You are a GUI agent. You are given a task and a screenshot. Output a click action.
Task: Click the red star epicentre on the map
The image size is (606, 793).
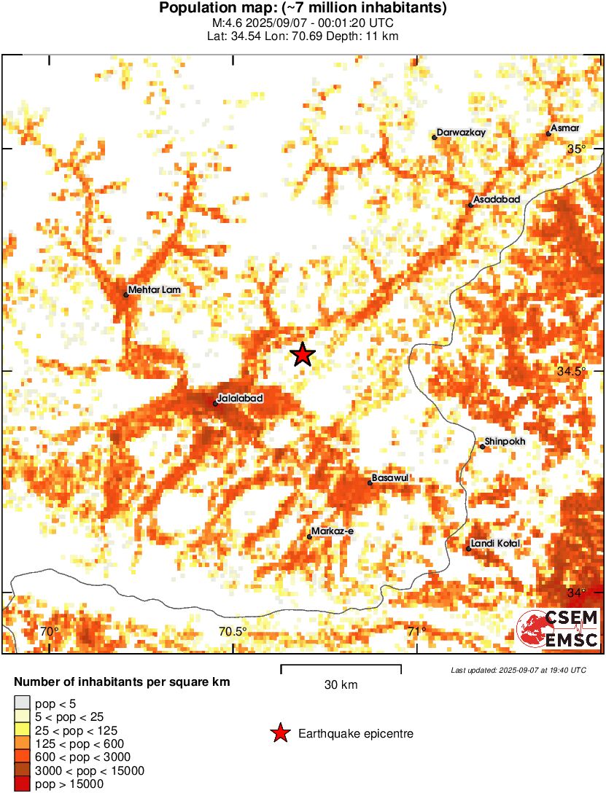tap(303, 355)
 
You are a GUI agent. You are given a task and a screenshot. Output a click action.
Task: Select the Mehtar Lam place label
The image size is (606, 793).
tap(154, 290)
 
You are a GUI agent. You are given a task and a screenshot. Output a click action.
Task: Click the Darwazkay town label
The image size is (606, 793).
tap(461, 133)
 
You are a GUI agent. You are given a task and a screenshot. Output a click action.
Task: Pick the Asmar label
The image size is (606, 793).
tap(565, 128)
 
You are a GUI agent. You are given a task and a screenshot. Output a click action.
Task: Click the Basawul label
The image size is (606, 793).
tap(389, 477)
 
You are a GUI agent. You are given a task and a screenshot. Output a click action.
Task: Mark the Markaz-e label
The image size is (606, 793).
tap(332, 531)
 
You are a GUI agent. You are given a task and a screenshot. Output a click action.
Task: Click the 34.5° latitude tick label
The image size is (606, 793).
tap(572, 371)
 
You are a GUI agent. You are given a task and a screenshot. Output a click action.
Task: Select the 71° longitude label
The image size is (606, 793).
tap(416, 631)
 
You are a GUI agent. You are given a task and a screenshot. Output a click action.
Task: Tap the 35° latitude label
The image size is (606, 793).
tap(577, 149)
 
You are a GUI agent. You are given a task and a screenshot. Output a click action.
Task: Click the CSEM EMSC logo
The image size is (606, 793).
tap(558, 629)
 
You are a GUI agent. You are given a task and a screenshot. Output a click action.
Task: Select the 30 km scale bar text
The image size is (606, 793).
tap(341, 684)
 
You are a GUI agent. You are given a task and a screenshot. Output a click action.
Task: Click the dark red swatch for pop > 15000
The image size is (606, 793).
tap(22, 784)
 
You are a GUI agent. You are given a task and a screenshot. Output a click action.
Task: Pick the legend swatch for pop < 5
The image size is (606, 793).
tap(22, 703)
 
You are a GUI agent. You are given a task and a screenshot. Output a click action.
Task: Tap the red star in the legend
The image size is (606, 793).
tap(280, 734)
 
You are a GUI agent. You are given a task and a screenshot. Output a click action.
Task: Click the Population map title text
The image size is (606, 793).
tap(303, 9)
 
